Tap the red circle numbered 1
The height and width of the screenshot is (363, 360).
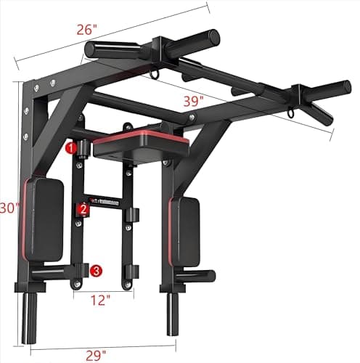click(70, 148)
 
